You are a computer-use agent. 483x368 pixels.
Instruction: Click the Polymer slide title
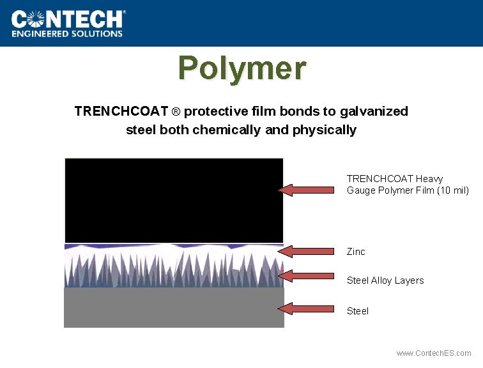pyautogui.click(x=242, y=68)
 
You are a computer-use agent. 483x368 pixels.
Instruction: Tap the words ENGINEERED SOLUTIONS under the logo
pyautogui.click(x=67, y=34)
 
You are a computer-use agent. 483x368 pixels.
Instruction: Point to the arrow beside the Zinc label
pyautogui.click(x=307, y=251)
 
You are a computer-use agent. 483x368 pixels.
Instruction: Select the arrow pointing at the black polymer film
pyautogui.click(x=307, y=190)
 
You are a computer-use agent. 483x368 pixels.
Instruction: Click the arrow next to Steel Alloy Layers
pyautogui.click(x=307, y=276)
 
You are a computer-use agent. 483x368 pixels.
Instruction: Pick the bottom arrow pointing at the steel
pyautogui.click(x=307, y=309)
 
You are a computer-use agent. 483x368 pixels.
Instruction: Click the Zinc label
pyautogui.click(x=356, y=252)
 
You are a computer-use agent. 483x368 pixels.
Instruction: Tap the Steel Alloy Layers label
pyautogui.click(x=385, y=280)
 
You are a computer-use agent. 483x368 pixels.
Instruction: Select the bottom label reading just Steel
pyautogui.click(x=357, y=311)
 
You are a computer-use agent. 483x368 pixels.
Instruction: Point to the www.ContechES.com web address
pyautogui.click(x=433, y=353)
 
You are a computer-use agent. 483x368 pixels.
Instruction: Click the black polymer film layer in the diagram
pyautogui.click(x=174, y=200)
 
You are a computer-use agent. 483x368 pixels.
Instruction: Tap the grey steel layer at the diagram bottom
pyautogui.click(x=174, y=307)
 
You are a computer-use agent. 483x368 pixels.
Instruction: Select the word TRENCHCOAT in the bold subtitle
pyautogui.click(x=121, y=111)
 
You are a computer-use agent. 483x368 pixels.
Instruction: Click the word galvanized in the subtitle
pyautogui.click(x=374, y=111)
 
